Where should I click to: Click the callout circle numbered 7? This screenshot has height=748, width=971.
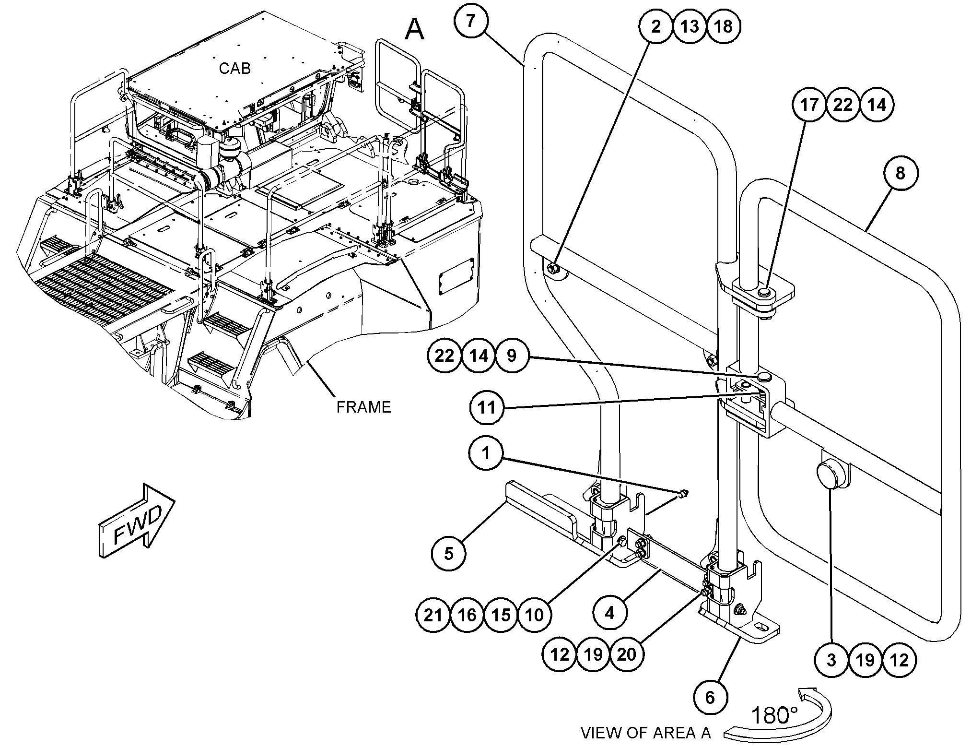click(471, 21)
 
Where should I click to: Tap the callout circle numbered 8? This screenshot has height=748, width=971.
click(900, 173)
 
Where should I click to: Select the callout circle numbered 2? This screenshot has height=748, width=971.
click(656, 26)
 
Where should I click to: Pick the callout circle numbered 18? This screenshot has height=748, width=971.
click(724, 26)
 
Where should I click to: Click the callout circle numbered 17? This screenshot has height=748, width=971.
click(809, 105)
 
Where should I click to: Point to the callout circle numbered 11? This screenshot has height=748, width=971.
click(487, 408)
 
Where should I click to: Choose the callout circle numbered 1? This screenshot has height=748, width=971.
click(486, 453)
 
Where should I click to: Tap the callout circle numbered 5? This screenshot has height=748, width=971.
click(449, 554)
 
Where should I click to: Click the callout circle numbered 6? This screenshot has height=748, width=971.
click(710, 697)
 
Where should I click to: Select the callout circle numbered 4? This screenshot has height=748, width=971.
click(610, 613)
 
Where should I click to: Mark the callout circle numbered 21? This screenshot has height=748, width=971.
click(433, 615)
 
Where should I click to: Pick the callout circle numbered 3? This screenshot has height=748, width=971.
click(832, 660)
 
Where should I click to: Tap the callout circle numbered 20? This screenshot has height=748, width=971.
click(627, 654)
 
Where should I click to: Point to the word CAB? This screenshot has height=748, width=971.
click(235, 69)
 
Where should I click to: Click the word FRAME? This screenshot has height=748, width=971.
click(363, 407)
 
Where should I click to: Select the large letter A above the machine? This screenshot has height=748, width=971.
click(415, 30)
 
